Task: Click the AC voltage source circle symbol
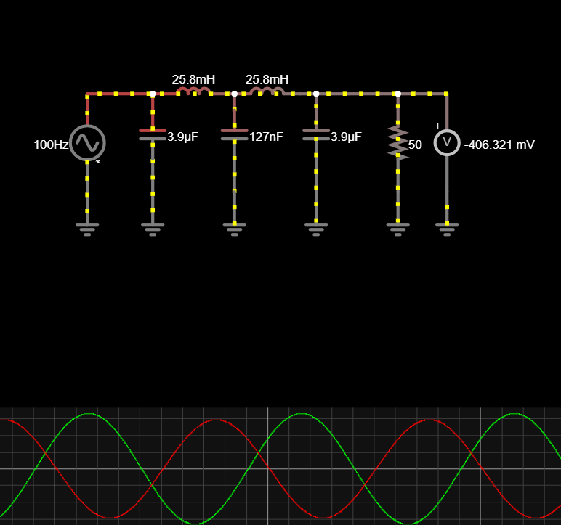click(87, 142)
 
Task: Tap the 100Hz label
click(50, 145)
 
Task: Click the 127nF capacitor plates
click(234, 134)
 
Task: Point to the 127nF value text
click(266, 136)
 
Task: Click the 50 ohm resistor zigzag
click(397, 142)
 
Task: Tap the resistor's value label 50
click(415, 145)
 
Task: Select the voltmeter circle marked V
click(447, 142)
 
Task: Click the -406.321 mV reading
click(499, 145)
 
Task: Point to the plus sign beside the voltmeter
click(437, 126)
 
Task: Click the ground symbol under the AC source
click(87, 229)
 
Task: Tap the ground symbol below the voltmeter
click(447, 229)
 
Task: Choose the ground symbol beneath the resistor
click(397, 229)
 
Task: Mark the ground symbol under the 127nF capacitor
click(234, 229)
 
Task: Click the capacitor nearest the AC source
click(153, 134)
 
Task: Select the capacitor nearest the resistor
click(316, 134)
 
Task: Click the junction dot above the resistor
click(397, 94)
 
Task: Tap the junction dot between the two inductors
click(234, 94)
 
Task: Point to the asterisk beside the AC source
click(98, 163)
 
